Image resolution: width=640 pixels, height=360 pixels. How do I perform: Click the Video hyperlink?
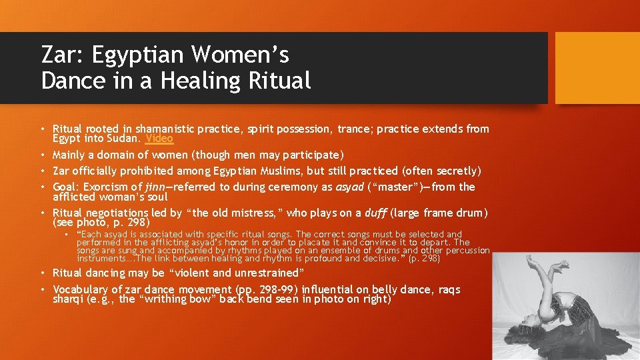coord(159,139)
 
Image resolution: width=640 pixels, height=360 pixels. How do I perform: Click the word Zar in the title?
coord(59,55)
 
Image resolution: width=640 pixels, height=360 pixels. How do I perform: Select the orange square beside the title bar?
coord(597,68)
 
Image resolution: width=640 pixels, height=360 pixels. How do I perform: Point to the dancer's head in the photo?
coord(533,319)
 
